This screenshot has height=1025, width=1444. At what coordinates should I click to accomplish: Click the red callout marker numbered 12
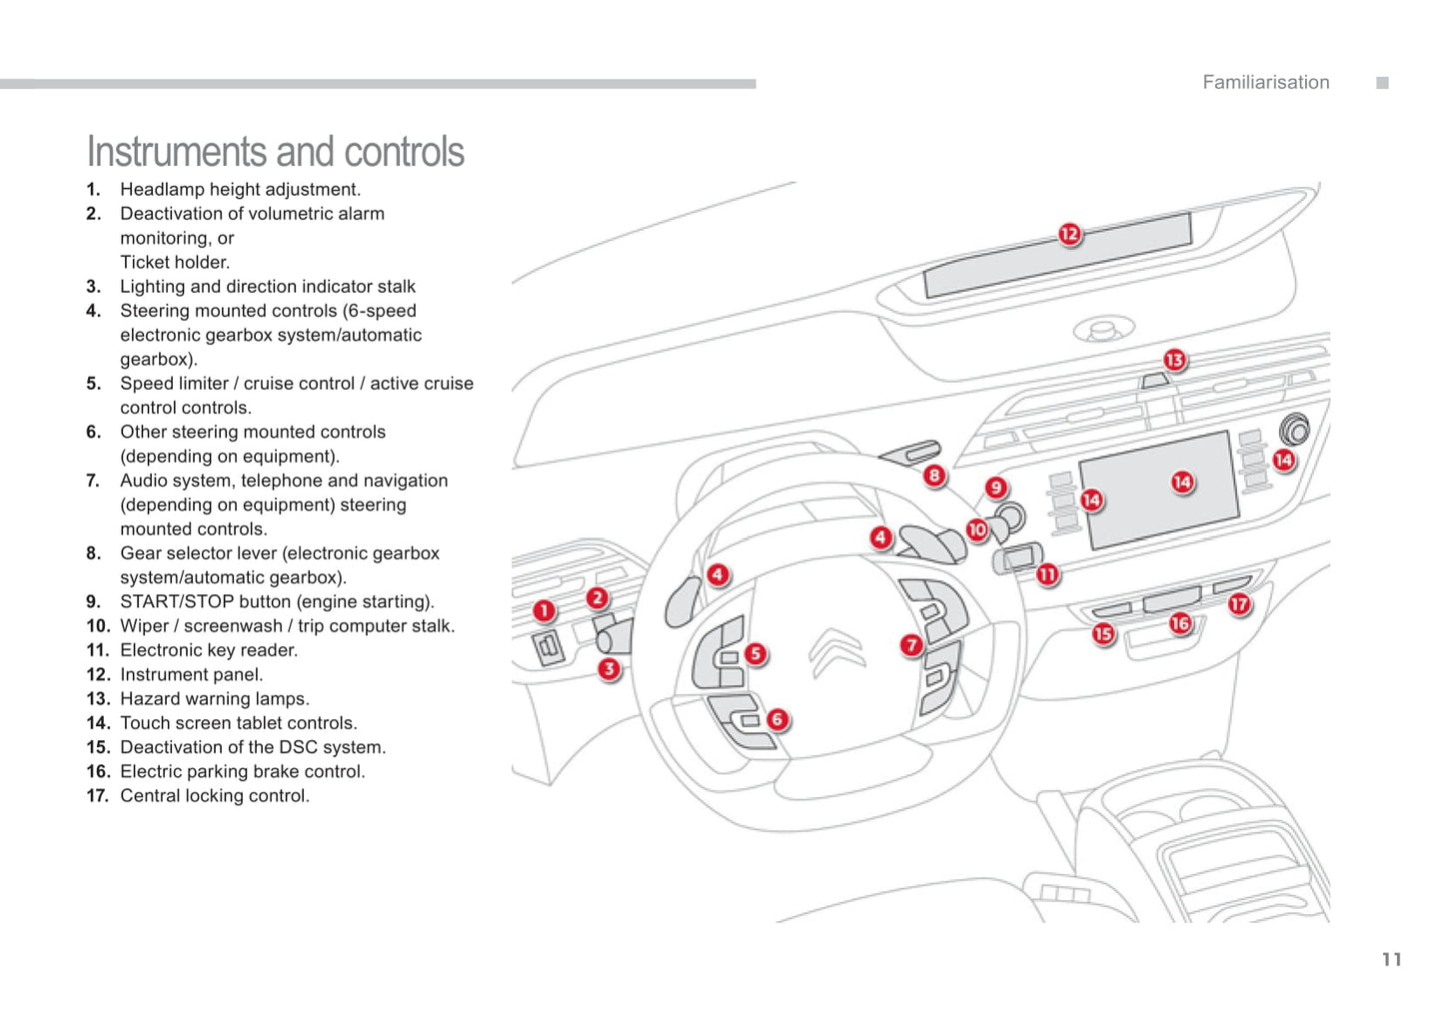click(1069, 234)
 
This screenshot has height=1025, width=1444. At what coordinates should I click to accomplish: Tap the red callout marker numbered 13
click(1174, 360)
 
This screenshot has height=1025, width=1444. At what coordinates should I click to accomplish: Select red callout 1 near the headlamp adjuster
click(544, 610)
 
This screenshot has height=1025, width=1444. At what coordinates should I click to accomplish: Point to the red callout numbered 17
click(1239, 603)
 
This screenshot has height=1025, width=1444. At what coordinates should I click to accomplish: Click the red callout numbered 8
click(934, 476)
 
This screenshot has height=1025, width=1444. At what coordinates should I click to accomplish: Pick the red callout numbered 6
click(777, 719)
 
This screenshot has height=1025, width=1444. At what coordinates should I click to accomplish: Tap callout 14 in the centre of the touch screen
click(1182, 483)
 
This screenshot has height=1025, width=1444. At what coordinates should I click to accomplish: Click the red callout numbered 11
click(1047, 574)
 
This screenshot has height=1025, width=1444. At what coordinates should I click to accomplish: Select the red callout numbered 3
click(609, 668)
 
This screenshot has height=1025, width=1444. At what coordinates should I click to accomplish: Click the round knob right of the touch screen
click(1294, 430)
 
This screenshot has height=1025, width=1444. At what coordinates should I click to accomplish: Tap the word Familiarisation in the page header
click(1265, 83)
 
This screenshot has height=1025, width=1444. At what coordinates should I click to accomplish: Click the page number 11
click(1391, 960)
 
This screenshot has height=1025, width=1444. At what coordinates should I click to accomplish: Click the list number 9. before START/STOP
click(94, 601)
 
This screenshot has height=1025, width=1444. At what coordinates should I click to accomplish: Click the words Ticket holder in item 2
click(175, 262)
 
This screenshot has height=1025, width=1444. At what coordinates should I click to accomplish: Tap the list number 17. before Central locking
click(97, 795)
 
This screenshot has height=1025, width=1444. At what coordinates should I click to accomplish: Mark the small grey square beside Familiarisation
click(1382, 83)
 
